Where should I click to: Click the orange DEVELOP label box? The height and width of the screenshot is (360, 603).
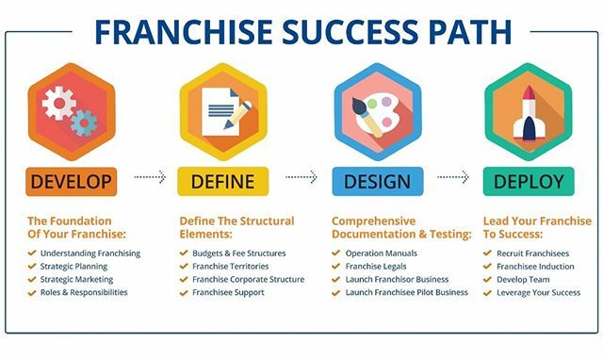71,180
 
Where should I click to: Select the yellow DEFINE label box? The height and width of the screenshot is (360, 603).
223,180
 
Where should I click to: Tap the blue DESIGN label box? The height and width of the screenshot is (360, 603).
377,180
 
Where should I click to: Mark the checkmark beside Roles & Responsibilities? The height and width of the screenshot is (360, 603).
32,292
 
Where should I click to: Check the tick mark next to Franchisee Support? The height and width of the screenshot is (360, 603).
184,292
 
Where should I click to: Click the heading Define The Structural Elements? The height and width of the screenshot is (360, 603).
236,227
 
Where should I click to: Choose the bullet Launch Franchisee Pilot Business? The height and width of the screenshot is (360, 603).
407,292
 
